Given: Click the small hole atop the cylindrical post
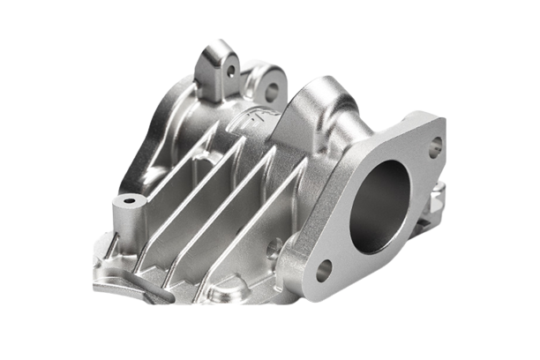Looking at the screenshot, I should [x=130, y=200].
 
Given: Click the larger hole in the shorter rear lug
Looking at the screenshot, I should [x=271, y=89].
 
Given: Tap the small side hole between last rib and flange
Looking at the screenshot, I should [x=275, y=246].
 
